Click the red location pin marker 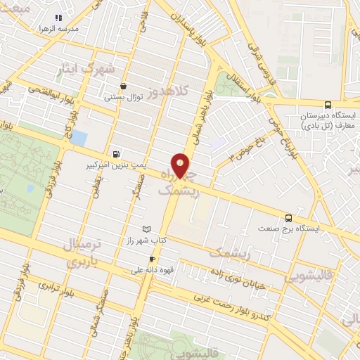point(181,166)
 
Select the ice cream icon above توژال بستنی point(124,86)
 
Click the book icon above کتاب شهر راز point(146,230)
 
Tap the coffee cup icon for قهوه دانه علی point(151,259)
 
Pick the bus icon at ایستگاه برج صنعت point(288,218)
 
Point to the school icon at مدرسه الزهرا point(58,17)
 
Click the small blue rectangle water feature point(79,138)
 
